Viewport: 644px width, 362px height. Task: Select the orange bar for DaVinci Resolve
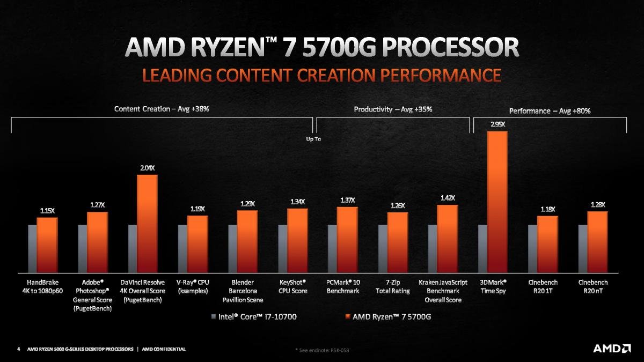pos(147,223)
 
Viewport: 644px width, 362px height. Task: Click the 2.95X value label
pos(497,124)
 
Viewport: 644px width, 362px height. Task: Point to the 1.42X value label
pos(448,198)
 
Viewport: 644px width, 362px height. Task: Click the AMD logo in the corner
pos(611,349)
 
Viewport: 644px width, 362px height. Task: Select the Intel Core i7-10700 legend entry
pos(253,316)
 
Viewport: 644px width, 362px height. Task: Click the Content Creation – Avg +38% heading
pos(162,109)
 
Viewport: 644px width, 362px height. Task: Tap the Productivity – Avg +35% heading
pos(393,109)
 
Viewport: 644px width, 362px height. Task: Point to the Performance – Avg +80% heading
pos(550,111)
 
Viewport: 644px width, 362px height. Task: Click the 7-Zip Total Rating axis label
pos(392,286)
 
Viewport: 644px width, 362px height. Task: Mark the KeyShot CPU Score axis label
pos(292,286)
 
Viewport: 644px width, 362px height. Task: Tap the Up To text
pos(313,139)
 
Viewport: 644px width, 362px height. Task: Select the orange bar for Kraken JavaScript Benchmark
pos(447,238)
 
